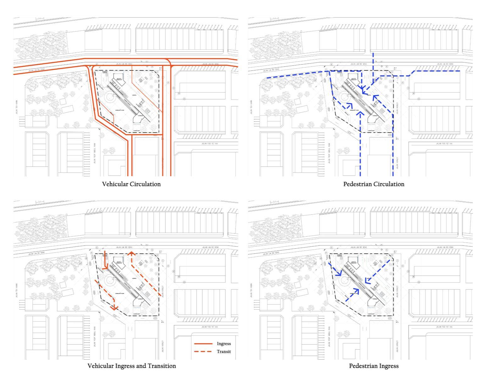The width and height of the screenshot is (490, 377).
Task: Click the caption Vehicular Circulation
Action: (x=131, y=184)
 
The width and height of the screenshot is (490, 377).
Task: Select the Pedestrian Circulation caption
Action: (x=374, y=184)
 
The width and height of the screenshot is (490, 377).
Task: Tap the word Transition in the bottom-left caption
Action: (x=163, y=366)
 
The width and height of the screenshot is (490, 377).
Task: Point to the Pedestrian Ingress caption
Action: (x=374, y=366)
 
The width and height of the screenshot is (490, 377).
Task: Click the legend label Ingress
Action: (x=224, y=344)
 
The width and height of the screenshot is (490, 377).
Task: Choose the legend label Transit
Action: (x=224, y=352)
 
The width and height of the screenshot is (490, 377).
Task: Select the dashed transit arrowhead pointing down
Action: (x=114, y=307)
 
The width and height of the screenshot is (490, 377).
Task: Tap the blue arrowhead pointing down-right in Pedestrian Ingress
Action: (x=339, y=274)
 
